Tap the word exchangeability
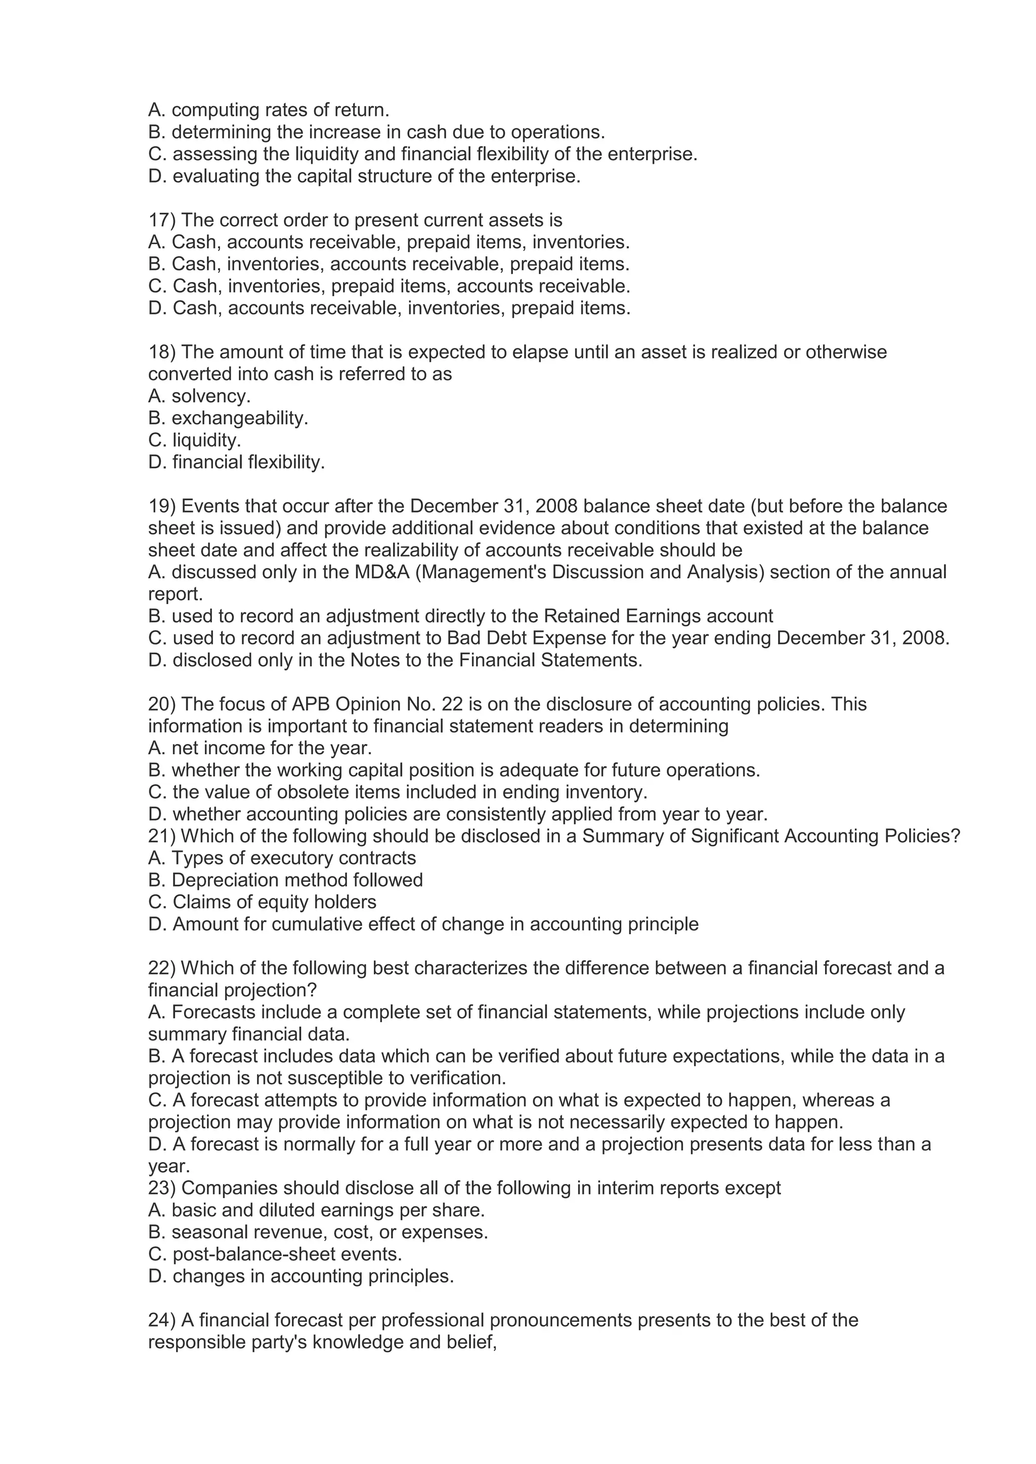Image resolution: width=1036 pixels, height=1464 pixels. (240, 418)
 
